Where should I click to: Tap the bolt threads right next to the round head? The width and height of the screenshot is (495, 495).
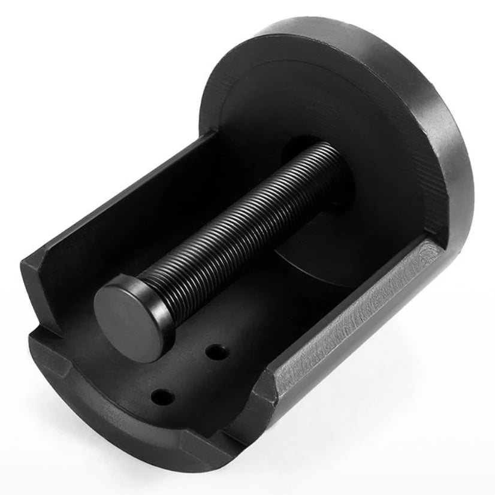point(171,282)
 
